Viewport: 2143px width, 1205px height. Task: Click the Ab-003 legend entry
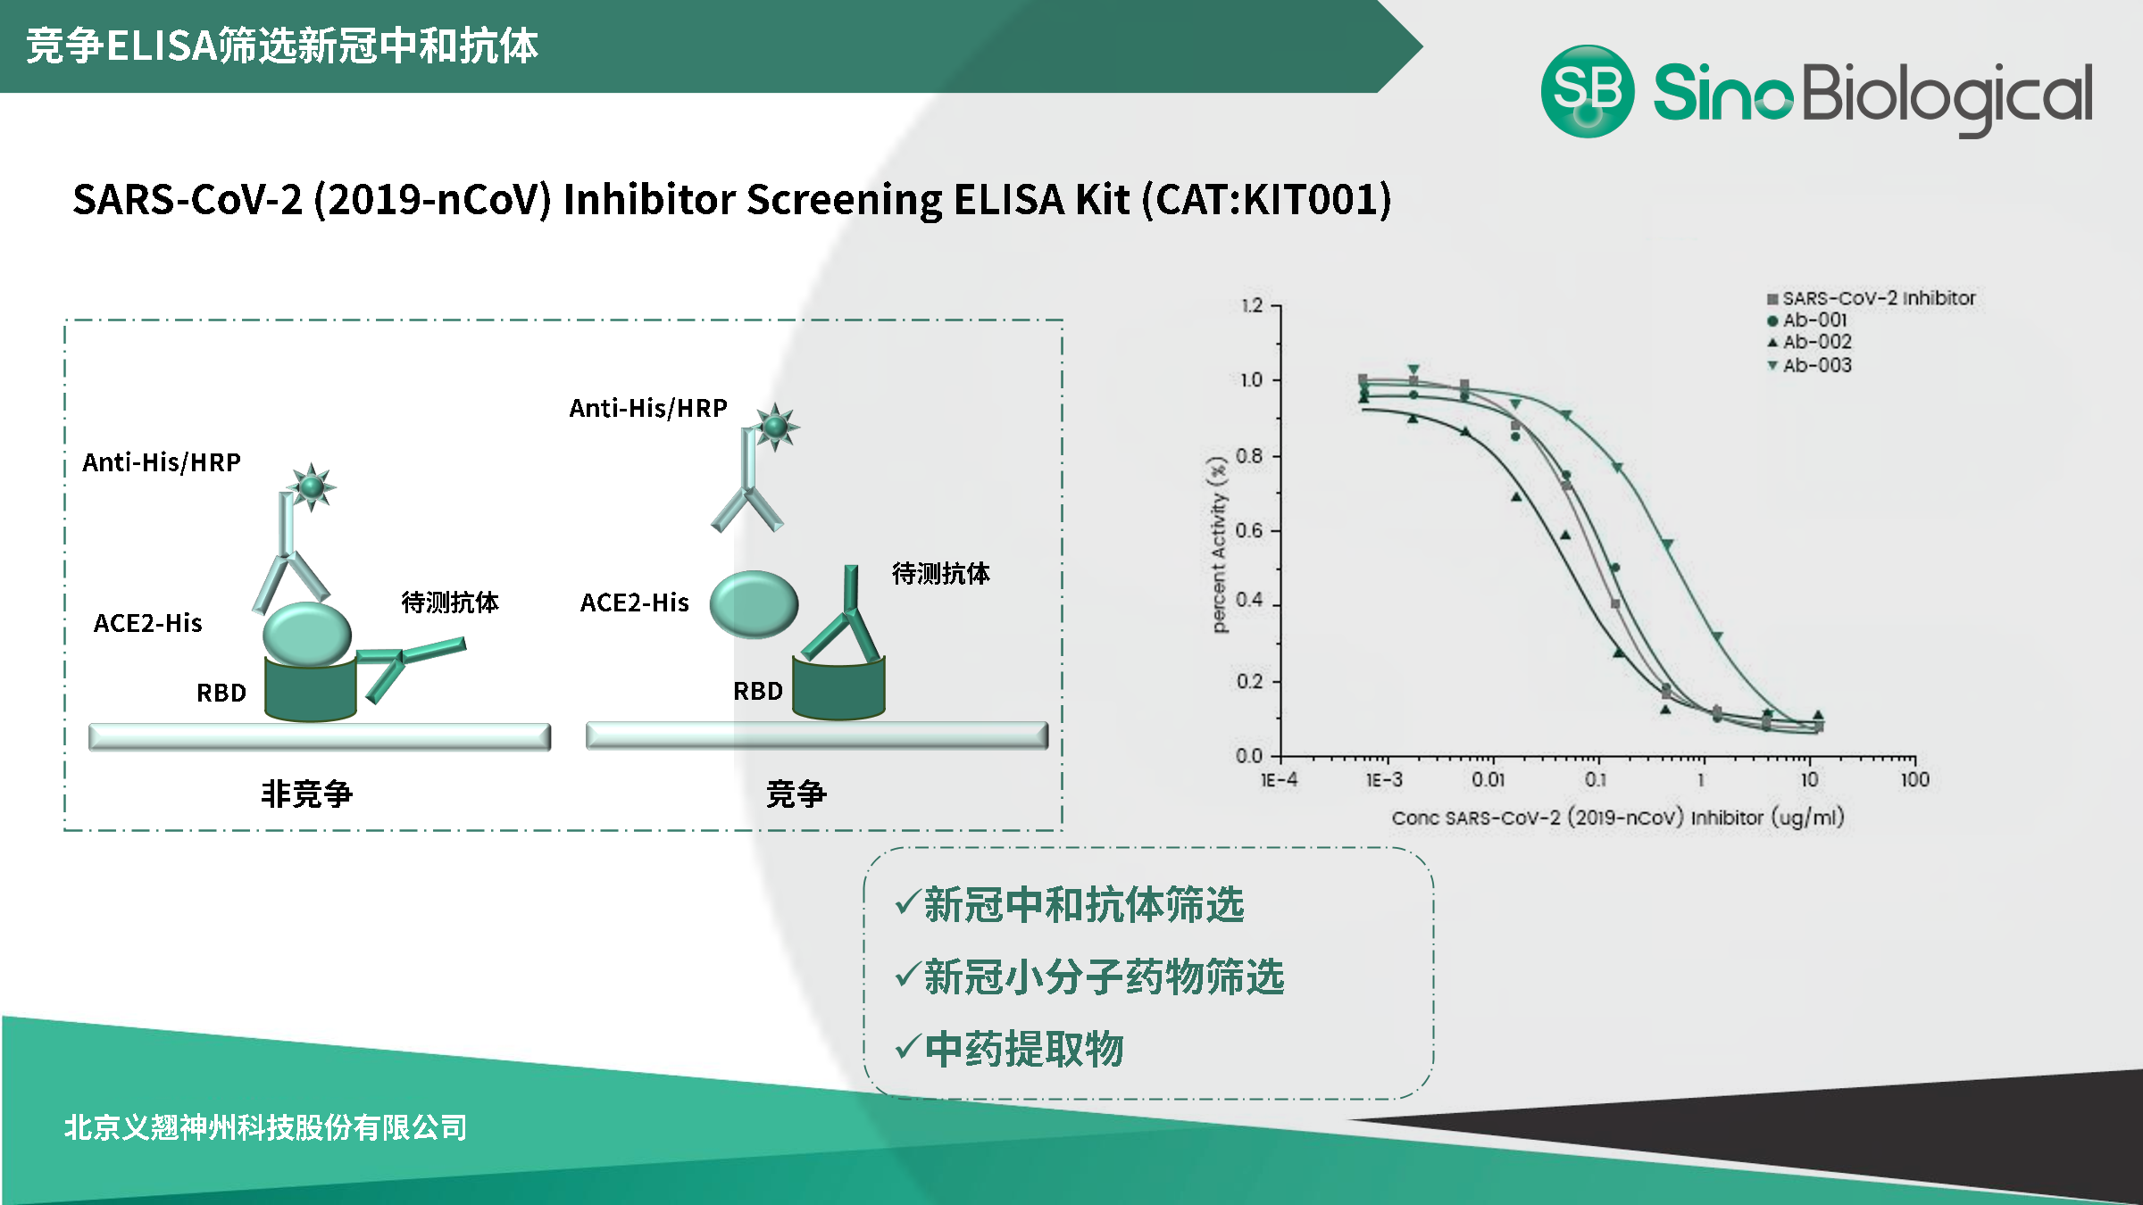(1810, 365)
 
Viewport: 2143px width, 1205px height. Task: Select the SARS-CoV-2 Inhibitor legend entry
(1872, 298)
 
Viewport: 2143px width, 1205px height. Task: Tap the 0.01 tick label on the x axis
(1488, 779)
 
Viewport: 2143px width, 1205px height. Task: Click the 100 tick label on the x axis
(1915, 779)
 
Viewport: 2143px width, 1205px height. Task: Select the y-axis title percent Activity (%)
(1219, 544)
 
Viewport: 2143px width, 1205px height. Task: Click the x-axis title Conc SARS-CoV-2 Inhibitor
(1618, 818)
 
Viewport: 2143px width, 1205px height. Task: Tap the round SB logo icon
(1588, 91)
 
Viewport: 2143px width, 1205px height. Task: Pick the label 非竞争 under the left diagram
(306, 794)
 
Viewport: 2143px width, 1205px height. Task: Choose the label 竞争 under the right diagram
(796, 794)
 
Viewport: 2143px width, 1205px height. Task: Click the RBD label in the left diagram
(221, 693)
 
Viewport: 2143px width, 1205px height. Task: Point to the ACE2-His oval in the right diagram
(754, 604)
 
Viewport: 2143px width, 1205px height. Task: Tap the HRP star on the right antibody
(775, 427)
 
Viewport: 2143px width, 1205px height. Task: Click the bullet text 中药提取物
(1024, 1049)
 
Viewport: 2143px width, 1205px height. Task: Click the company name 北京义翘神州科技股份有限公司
(265, 1127)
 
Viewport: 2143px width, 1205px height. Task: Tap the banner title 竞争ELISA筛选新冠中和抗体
(282, 46)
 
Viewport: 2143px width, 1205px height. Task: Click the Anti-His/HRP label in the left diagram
(162, 462)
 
